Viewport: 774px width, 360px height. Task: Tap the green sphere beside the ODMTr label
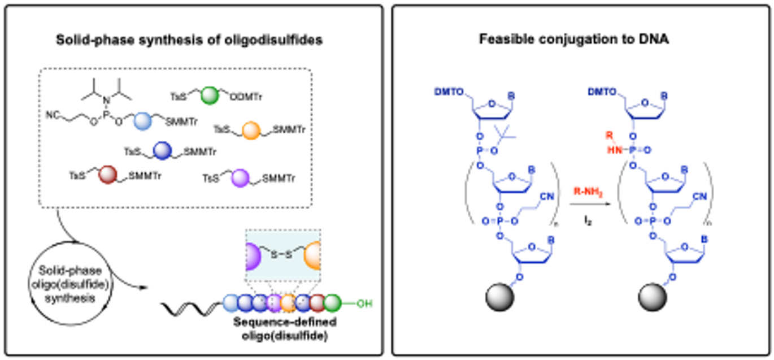[210, 96]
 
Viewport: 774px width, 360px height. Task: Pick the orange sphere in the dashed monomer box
[251, 131]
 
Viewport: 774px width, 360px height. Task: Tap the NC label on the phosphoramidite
[53, 116]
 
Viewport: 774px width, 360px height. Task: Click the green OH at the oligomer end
[364, 304]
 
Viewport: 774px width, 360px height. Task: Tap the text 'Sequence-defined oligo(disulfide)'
[294, 327]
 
